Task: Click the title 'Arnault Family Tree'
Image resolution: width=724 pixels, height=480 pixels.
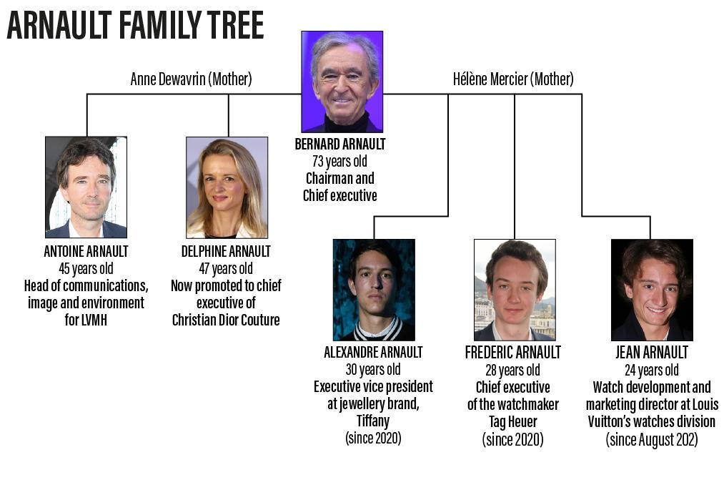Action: point(135,25)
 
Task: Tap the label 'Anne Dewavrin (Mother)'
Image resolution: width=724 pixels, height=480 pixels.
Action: point(191,79)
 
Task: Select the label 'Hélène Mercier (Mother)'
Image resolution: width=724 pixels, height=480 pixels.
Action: point(513,79)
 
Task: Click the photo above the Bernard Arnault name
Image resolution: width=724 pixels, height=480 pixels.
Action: point(342,82)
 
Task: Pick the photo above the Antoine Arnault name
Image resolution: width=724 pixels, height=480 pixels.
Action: point(86,187)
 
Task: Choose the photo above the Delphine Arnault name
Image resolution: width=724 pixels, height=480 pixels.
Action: point(227,187)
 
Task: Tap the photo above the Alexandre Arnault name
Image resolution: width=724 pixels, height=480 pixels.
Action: point(374,290)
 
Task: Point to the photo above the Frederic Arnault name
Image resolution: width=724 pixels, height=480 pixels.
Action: point(515,290)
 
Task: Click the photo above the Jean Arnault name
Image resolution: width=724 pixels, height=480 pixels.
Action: point(652,290)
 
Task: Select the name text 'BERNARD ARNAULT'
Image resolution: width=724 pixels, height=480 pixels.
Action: point(340,144)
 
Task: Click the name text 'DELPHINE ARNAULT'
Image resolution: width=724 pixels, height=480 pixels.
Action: point(226,251)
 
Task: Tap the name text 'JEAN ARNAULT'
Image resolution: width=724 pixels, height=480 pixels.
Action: point(652,353)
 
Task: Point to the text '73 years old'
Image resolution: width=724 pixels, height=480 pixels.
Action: point(339,161)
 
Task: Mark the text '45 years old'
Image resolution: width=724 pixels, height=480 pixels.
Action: point(86,268)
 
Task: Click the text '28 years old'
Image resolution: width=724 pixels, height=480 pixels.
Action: point(513,370)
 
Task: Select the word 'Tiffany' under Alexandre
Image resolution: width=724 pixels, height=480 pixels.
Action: point(373,421)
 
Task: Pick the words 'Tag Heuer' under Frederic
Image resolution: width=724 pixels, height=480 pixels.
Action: point(513,421)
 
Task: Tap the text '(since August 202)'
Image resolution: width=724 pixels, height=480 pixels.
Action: point(652,439)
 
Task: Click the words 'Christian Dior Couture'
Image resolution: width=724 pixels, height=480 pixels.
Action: point(226,320)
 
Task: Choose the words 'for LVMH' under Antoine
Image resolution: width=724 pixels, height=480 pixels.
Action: point(86,320)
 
